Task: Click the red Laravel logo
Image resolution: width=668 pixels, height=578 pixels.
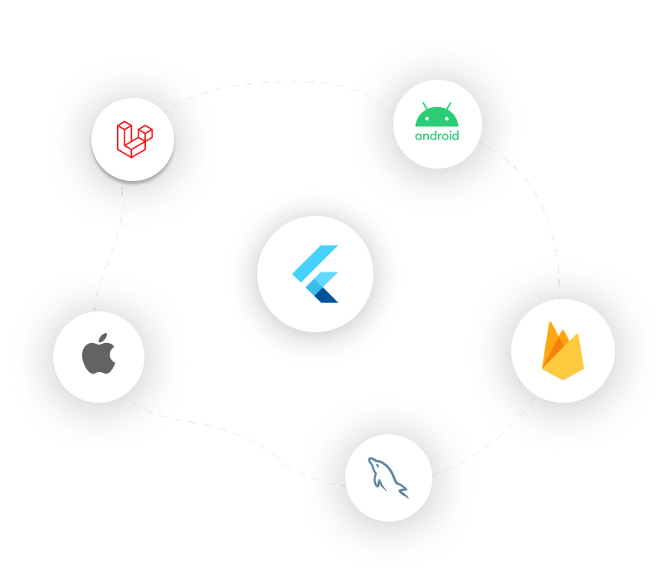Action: pos(134,140)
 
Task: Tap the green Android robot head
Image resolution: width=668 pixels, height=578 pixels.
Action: pos(436,115)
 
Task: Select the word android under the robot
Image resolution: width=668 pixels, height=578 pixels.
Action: pos(436,135)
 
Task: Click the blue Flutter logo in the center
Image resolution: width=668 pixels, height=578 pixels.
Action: pos(315,274)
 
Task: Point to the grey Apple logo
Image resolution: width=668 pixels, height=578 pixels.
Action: pos(99,354)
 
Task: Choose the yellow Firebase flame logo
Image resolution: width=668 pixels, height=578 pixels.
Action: pos(563,350)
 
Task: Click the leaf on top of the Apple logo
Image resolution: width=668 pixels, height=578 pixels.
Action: pos(103,338)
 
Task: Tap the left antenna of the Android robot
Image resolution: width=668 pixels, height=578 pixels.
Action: pos(425,105)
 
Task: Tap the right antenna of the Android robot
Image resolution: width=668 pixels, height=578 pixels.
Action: pos(449,105)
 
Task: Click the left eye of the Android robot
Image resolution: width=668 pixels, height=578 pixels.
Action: pos(427,119)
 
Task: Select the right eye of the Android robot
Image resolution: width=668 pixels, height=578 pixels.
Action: pos(447,119)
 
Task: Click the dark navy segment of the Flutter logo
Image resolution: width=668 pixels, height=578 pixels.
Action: pos(327,296)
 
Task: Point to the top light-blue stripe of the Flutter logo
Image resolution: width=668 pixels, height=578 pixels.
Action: pos(314,263)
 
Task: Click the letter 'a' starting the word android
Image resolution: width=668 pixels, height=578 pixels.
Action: pos(419,136)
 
